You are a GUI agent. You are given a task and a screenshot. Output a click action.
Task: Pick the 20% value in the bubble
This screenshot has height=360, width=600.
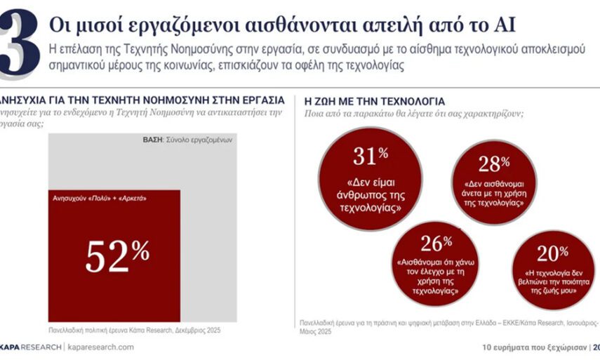(552, 253)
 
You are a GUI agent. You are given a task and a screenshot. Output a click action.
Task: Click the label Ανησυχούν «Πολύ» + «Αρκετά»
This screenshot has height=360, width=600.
(95, 199)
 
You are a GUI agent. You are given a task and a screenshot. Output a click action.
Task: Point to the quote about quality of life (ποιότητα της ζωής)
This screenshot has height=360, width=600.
(552, 280)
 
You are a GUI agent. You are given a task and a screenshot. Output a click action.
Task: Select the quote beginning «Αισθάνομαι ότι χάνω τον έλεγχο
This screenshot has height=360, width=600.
(432, 274)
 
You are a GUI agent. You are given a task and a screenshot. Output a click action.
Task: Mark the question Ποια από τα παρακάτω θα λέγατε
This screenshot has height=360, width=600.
(414, 114)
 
